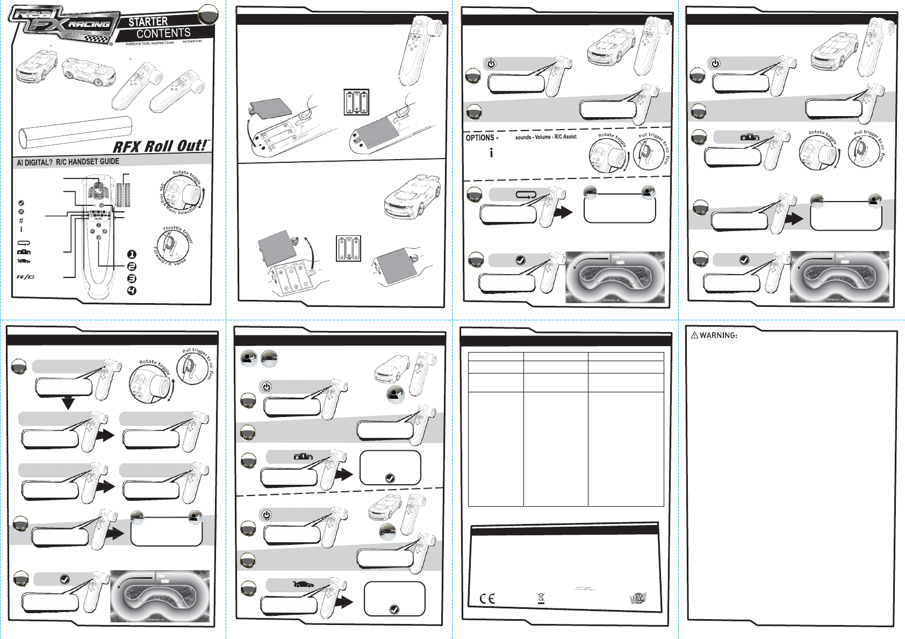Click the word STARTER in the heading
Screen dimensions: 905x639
pyautogui.click(x=148, y=21)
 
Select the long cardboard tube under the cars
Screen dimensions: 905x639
pyautogui.click(x=75, y=132)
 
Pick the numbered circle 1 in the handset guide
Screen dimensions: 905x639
pyautogui.click(x=132, y=254)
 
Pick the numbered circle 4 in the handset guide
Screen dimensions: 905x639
pyautogui.click(x=132, y=291)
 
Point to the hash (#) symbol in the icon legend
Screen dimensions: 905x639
pyautogui.click(x=21, y=220)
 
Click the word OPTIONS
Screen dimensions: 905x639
pyautogui.click(x=480, y=138)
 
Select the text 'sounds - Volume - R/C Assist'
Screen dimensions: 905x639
pyautogui.click(x=545, y=137)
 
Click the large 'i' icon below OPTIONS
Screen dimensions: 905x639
pyautogui.click(x=491, y=153)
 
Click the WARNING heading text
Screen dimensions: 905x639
pyautogui.click(x=718, y=335)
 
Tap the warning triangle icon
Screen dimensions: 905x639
pyautogui.click(x=694, y=335)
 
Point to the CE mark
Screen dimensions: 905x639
pyautogui.click(x=487, y=599)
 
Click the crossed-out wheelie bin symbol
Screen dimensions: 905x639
pyautogui.click(x=541, y=598)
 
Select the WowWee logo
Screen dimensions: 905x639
pyautogui.click(x=638, y=598)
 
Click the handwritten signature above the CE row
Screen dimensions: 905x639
pyautogui.click(x=585, y=588)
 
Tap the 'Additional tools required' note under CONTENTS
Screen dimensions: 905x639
pyautogui.click(x=150, y=43)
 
